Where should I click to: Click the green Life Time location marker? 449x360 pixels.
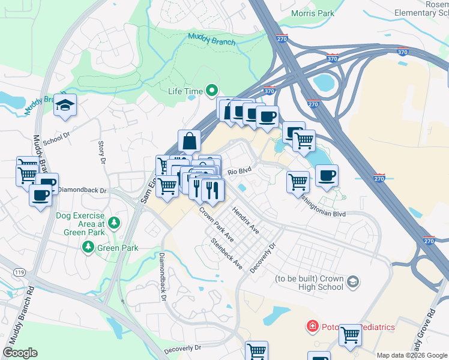point(211,91)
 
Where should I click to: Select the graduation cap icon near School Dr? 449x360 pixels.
point(65,106)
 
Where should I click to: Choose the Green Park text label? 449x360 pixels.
point(118,247)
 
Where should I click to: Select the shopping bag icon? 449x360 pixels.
point(189,142)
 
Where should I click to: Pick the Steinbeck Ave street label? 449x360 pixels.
point(226,254)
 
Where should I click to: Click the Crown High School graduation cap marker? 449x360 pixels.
point(354,281)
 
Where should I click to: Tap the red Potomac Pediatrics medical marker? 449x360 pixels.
point(312,326)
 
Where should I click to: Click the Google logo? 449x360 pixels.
point(20,353)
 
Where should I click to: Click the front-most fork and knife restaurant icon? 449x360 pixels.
point(212,190)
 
